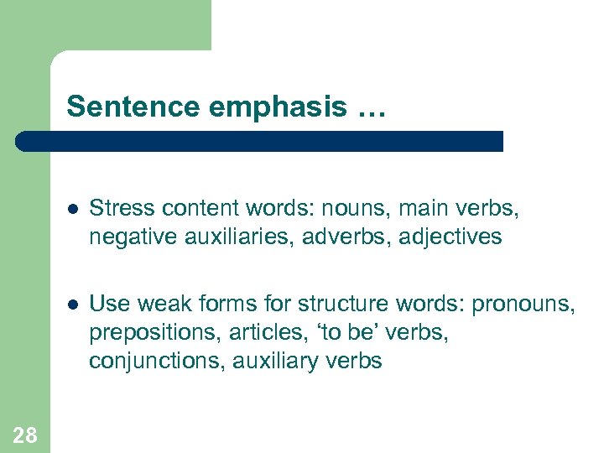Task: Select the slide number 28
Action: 25,435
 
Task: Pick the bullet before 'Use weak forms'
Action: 73,303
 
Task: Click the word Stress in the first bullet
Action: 116,207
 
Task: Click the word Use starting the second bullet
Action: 107,303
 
